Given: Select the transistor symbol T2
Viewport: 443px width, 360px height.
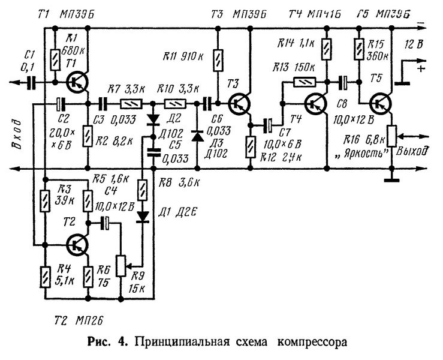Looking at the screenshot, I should (76, 244).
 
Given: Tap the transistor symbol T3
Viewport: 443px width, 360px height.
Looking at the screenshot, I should (240, 104).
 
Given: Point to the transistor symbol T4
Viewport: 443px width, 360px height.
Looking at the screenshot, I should (315, 103).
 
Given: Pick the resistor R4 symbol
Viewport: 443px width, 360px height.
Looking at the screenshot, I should (44, 278).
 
